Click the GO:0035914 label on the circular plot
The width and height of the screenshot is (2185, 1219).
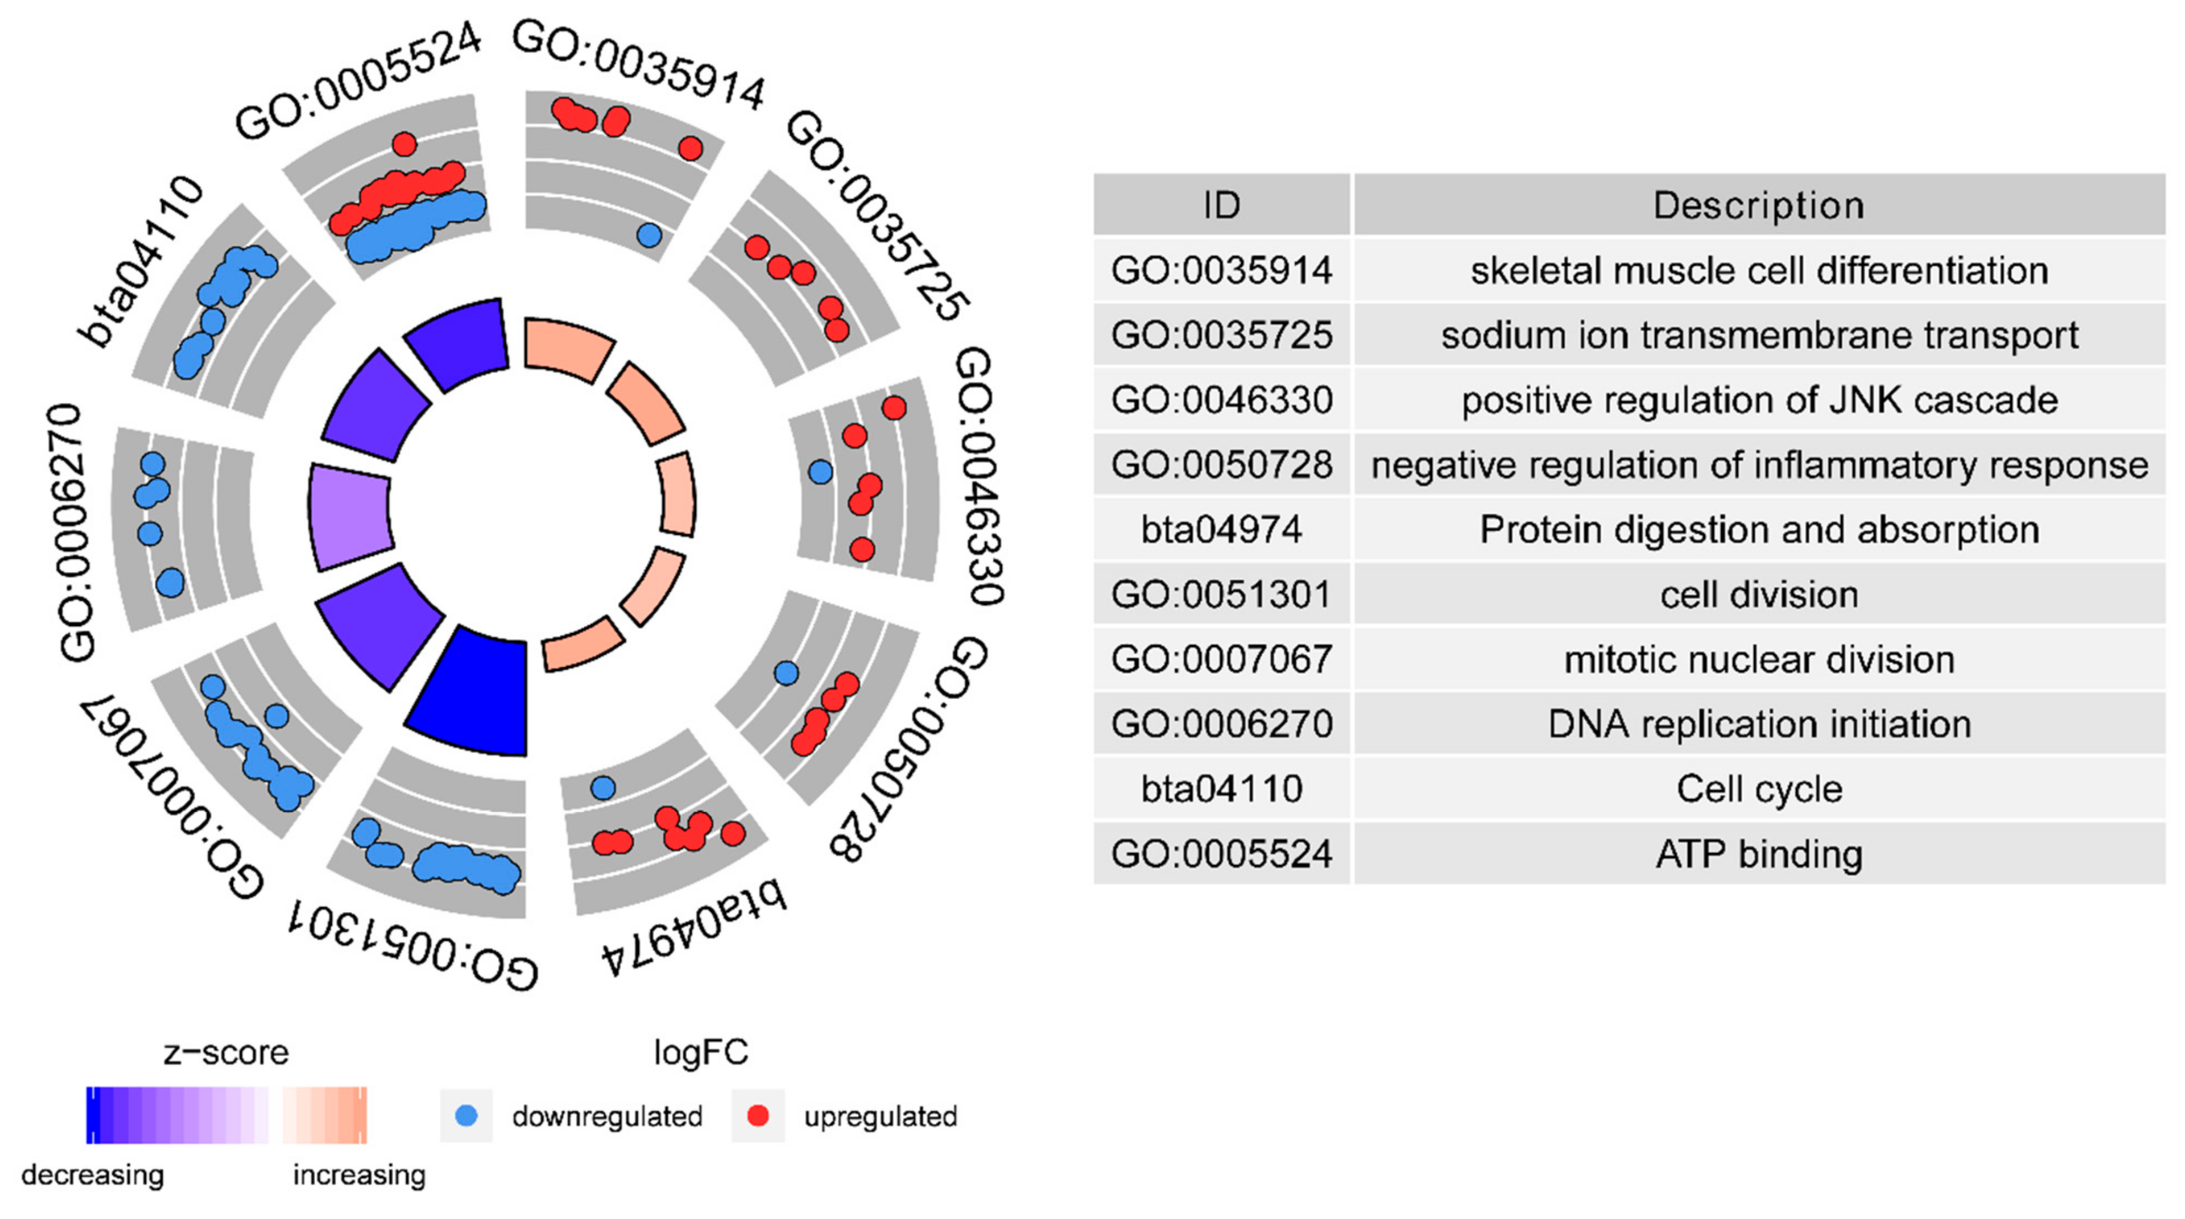(638, 64)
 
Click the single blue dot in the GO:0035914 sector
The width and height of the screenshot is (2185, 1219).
(649, 234)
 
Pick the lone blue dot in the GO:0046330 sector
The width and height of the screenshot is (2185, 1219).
(820, 471)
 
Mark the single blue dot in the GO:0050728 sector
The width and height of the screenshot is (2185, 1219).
(786, 673)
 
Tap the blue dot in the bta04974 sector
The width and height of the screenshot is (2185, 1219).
(603, 787)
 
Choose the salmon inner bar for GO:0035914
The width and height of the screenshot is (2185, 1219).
(567, 349)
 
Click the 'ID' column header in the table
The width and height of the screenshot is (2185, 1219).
(1221, 205)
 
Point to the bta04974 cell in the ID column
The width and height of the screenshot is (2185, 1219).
(1221, 529)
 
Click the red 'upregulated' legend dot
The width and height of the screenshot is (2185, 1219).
(757, 1116)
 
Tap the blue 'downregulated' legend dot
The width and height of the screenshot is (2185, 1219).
(466, 1116)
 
